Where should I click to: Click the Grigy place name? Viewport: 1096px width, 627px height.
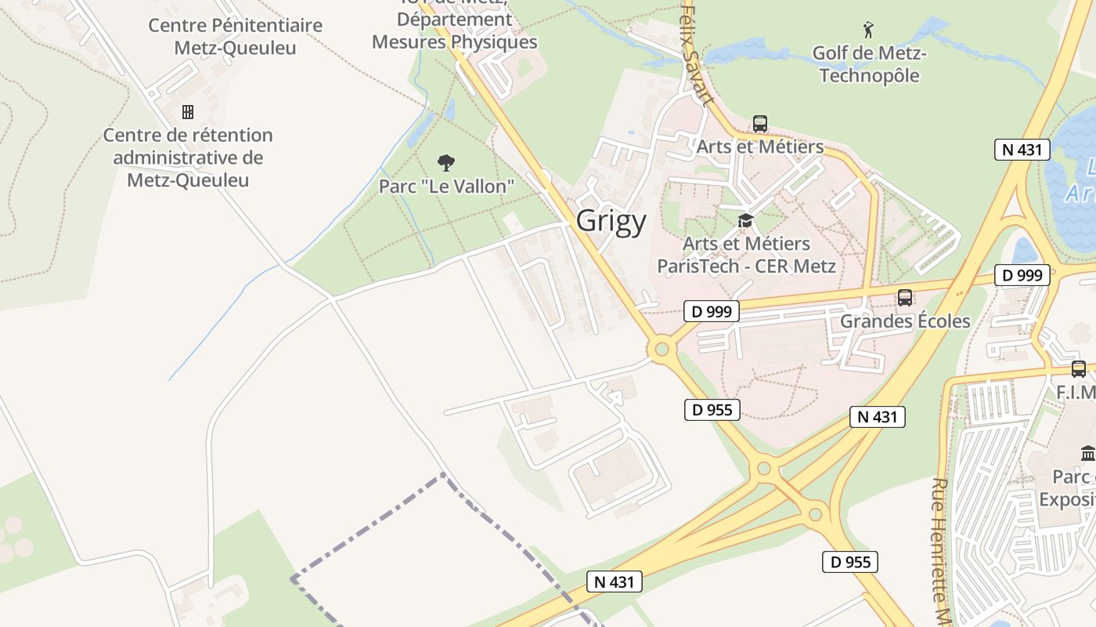611,221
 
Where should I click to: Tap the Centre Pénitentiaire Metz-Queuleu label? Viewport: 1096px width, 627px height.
235,36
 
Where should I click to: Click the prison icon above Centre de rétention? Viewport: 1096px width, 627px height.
188,111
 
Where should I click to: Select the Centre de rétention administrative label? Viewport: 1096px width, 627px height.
188,158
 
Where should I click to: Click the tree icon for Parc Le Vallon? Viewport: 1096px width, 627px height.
446,163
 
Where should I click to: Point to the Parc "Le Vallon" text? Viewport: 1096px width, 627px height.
446,187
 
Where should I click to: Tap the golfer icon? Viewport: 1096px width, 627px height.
868,31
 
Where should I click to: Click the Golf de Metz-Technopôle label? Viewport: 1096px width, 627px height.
869,64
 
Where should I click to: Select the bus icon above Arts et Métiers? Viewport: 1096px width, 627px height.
759,123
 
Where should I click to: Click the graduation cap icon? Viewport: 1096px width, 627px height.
745,221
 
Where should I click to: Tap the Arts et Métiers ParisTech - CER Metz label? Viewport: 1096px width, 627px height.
746,255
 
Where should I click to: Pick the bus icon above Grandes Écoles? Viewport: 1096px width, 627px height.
905,298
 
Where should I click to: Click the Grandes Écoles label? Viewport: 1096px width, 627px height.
905,321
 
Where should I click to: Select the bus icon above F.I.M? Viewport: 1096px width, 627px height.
1079,368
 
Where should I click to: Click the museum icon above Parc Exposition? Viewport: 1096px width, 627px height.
1088,453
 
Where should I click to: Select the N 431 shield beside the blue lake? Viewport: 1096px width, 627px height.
1022,150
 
